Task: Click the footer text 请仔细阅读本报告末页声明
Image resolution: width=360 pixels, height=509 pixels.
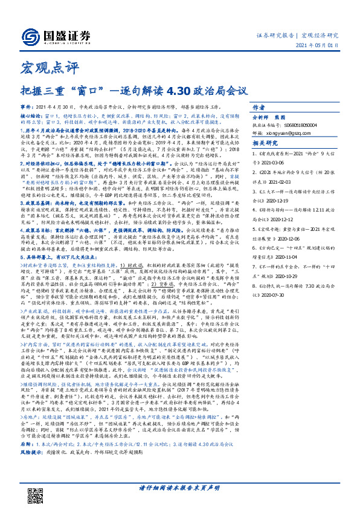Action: point(181,488)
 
